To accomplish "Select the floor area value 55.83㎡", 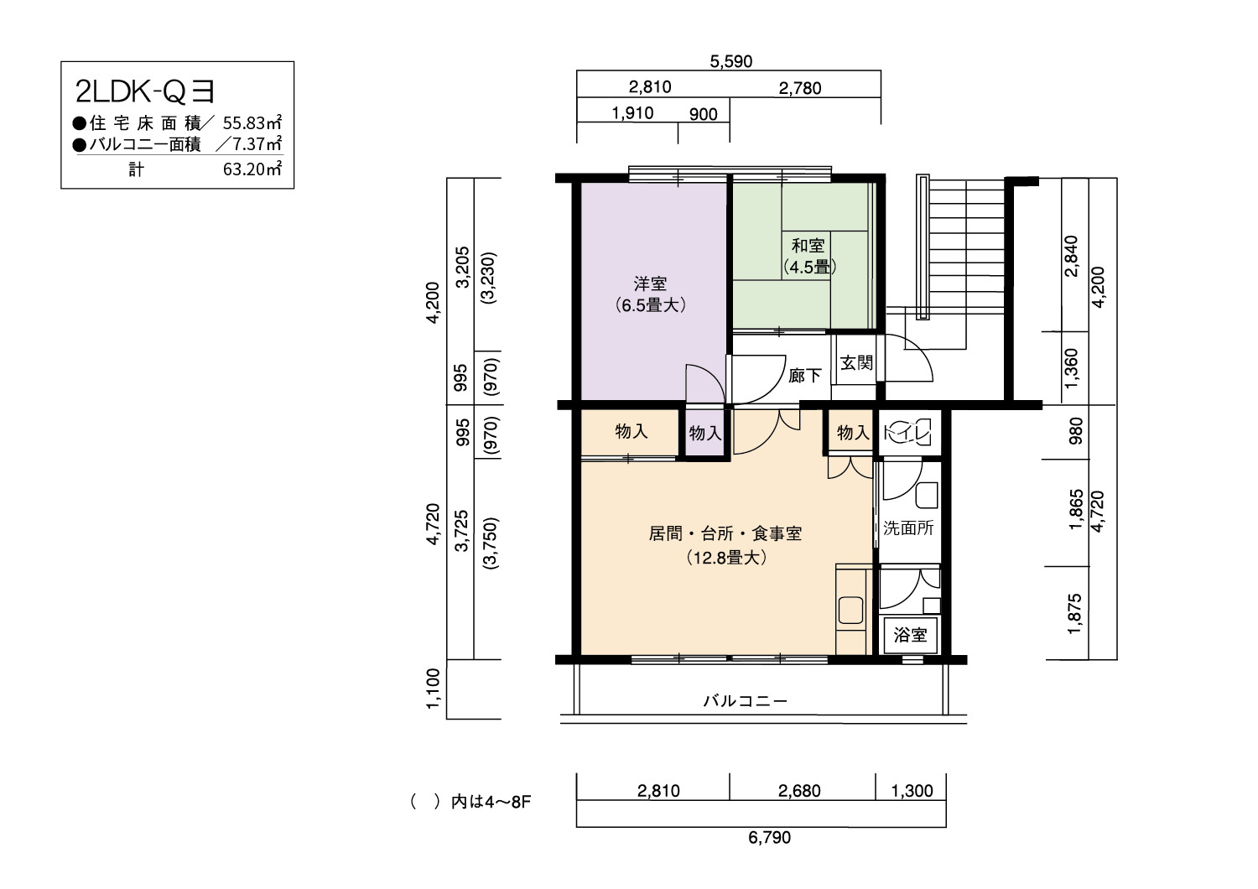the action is (x=252, y=122).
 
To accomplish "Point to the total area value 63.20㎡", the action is (x=252, y=169).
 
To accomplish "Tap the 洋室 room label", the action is (x=650, y=283).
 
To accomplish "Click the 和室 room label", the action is (x=808, y=246).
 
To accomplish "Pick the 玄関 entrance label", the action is (x=856, y=363).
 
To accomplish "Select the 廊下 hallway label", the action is (x=805, y=375).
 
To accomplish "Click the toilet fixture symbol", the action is (x=907, y=433).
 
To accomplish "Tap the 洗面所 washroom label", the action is (x=908, y=528).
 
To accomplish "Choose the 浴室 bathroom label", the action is (x=910, y=635).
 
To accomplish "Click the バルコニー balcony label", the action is (x=746, y=701).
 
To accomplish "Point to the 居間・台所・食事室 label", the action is (x=725, y=533).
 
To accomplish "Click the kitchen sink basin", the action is (x=851, y=610).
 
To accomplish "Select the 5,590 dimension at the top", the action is (x=730, y=61).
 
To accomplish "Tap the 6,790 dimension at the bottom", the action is (x=769, y=837).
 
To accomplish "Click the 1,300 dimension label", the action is (x=912, y=791).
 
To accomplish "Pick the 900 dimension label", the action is (x=703, y=114).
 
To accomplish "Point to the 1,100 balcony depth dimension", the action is (x=433, y=689).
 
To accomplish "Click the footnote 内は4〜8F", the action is (x=491, y=802).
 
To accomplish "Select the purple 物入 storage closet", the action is (x=704, y=433).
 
